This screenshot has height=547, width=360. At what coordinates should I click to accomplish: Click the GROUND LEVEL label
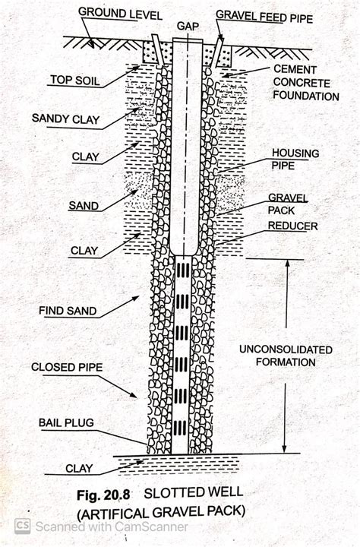120,13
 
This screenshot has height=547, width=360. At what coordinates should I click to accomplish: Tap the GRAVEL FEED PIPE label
264,17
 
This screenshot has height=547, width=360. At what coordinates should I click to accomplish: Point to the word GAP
188,26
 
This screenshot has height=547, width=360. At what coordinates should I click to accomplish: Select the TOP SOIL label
75,80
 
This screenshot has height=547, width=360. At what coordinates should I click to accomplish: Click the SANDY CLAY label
65,119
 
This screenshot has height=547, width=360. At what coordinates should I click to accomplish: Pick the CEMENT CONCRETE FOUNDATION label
306,83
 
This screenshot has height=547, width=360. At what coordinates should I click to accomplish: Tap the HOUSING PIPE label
295,159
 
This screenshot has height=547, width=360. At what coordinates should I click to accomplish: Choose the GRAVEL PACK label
287,204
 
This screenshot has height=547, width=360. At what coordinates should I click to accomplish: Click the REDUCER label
292,226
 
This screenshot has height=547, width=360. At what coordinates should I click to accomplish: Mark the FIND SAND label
68,311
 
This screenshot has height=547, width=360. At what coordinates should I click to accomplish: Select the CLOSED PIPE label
67,368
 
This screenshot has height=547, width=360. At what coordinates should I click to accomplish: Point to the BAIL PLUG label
66,423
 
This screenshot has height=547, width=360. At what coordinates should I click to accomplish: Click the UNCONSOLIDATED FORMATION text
286,356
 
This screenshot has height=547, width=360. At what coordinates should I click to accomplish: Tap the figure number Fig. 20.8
103,495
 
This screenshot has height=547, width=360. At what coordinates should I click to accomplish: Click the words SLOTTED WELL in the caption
194,492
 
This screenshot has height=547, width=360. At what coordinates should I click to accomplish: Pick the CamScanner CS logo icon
22,526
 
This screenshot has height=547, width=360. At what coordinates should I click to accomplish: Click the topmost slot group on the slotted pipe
182,270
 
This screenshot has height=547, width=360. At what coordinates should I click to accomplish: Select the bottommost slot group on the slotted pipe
180,428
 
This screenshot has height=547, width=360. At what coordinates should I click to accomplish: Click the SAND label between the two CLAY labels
84,205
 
